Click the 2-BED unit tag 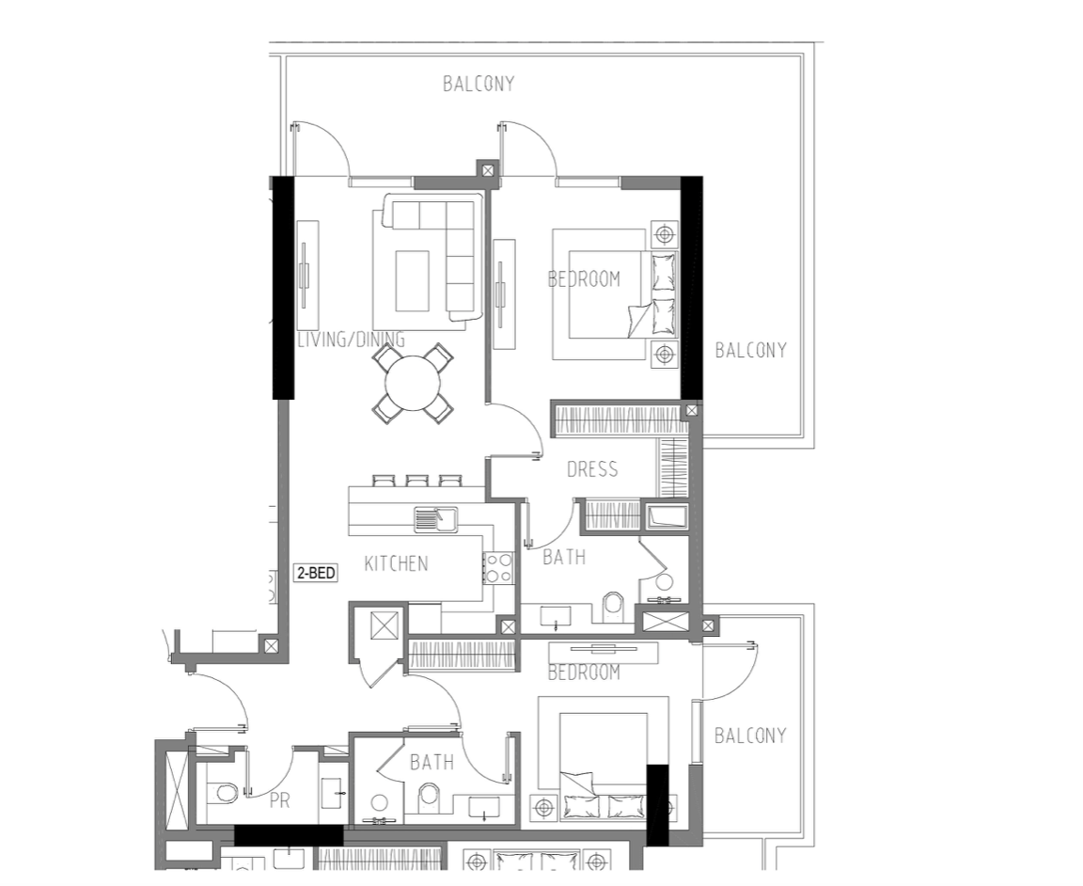coord(316,573)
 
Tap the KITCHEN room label coord(396,564)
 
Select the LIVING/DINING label coord(351,340)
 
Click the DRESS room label coord(592,469)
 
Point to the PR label coord(280,800)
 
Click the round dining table coord(413,383)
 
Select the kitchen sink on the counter coord(436,519)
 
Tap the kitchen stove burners coord(498,567)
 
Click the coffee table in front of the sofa coord(413,280)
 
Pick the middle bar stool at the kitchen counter coord(416,481)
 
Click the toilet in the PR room coord(223,792)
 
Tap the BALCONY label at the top coord(479,84)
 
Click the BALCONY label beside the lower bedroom coord(750,736)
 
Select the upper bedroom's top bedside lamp coord(665,236)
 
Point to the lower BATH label coord(432,762)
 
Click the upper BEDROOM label coord(584,279)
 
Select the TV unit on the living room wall coord(307,276)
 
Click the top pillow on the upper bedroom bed coord(663,272)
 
